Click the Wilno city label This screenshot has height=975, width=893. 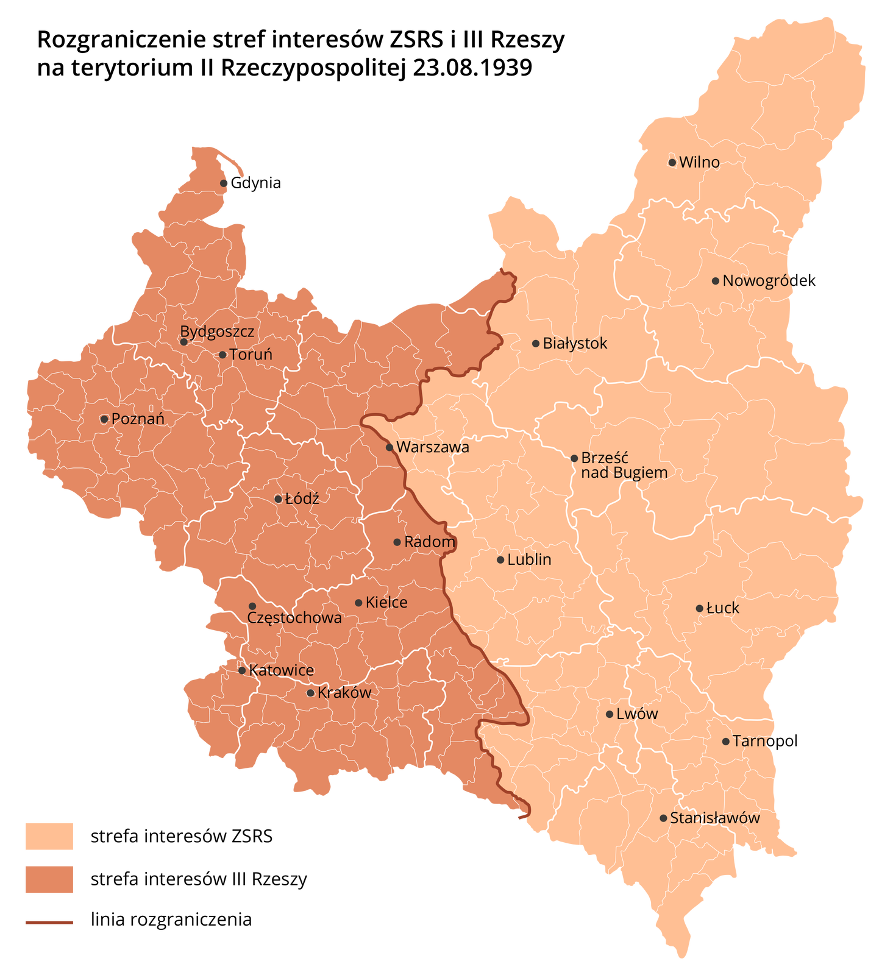[699, 162]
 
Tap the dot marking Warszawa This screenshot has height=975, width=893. [390, 447]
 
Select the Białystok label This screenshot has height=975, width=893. [575, 343]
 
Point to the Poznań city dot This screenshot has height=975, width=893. [104, 419]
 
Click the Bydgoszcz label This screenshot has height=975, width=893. [217, 331]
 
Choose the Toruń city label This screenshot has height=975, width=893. [251, 354]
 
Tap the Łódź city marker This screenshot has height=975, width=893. [278, 499]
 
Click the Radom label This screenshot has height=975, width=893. [430, 541]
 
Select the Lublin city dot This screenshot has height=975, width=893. [500, 560]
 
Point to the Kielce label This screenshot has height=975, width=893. [386, 602]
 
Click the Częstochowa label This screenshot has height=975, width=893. [294, 617]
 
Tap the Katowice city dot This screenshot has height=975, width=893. [242, 670]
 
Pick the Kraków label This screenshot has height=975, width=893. [344, 692]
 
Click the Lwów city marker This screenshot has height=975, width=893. [610, 714]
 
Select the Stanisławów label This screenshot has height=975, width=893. [715, 818]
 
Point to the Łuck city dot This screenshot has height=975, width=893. [699, 608]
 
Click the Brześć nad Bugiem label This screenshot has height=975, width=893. [624, 465]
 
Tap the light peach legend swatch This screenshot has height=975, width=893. [49, 836]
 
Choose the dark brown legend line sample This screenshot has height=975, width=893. [49, 923]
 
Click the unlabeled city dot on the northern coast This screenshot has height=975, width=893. [224, 183]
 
